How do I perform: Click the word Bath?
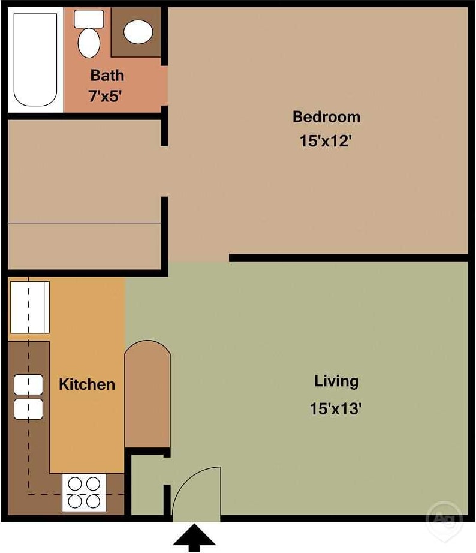click(x=107, y=76)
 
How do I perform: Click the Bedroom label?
click(x=326, y=116)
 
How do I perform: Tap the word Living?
click(x=336, y=381)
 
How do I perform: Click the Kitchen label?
click(x=87, y=384)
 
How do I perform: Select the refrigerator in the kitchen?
click(x=29, y=308)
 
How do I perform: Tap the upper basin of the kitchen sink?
click(x=28, y=384)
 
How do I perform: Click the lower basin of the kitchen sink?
click(x=28, y=409)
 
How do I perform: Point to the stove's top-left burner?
click(x=76, y=483)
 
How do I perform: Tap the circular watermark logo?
click(x=444, y=518)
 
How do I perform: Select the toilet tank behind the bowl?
click(x=89, y=19)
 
